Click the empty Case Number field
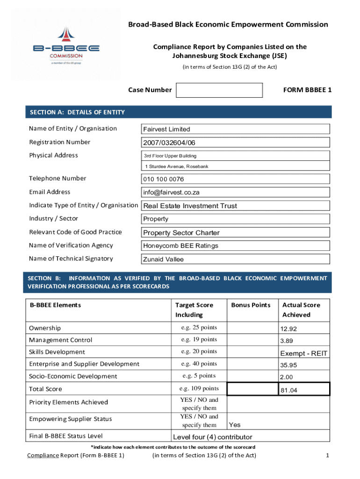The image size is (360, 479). (219, 90)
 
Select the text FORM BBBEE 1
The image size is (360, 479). (307, 90)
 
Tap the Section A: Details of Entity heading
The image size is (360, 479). (77, 112)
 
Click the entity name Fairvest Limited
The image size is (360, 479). (166, 129)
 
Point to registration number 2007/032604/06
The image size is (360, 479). (169, 143)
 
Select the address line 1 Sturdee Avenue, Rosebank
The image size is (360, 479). (176, 167)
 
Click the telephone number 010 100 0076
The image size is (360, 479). (163, 179)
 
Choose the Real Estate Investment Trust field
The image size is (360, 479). (190, 206)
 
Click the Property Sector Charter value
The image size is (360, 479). (181, 233)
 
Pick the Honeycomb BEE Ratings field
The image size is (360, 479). (180, 246)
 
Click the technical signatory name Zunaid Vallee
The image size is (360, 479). (163, 260)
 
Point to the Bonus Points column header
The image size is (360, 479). (251, 305)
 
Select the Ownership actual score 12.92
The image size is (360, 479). (288, 329)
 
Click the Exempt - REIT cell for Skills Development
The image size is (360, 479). (303, 353)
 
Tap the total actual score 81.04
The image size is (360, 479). (288, 390)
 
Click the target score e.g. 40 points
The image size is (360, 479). (199, 363)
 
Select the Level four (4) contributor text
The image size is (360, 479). (212, 437)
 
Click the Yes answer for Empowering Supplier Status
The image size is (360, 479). (235, 425)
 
